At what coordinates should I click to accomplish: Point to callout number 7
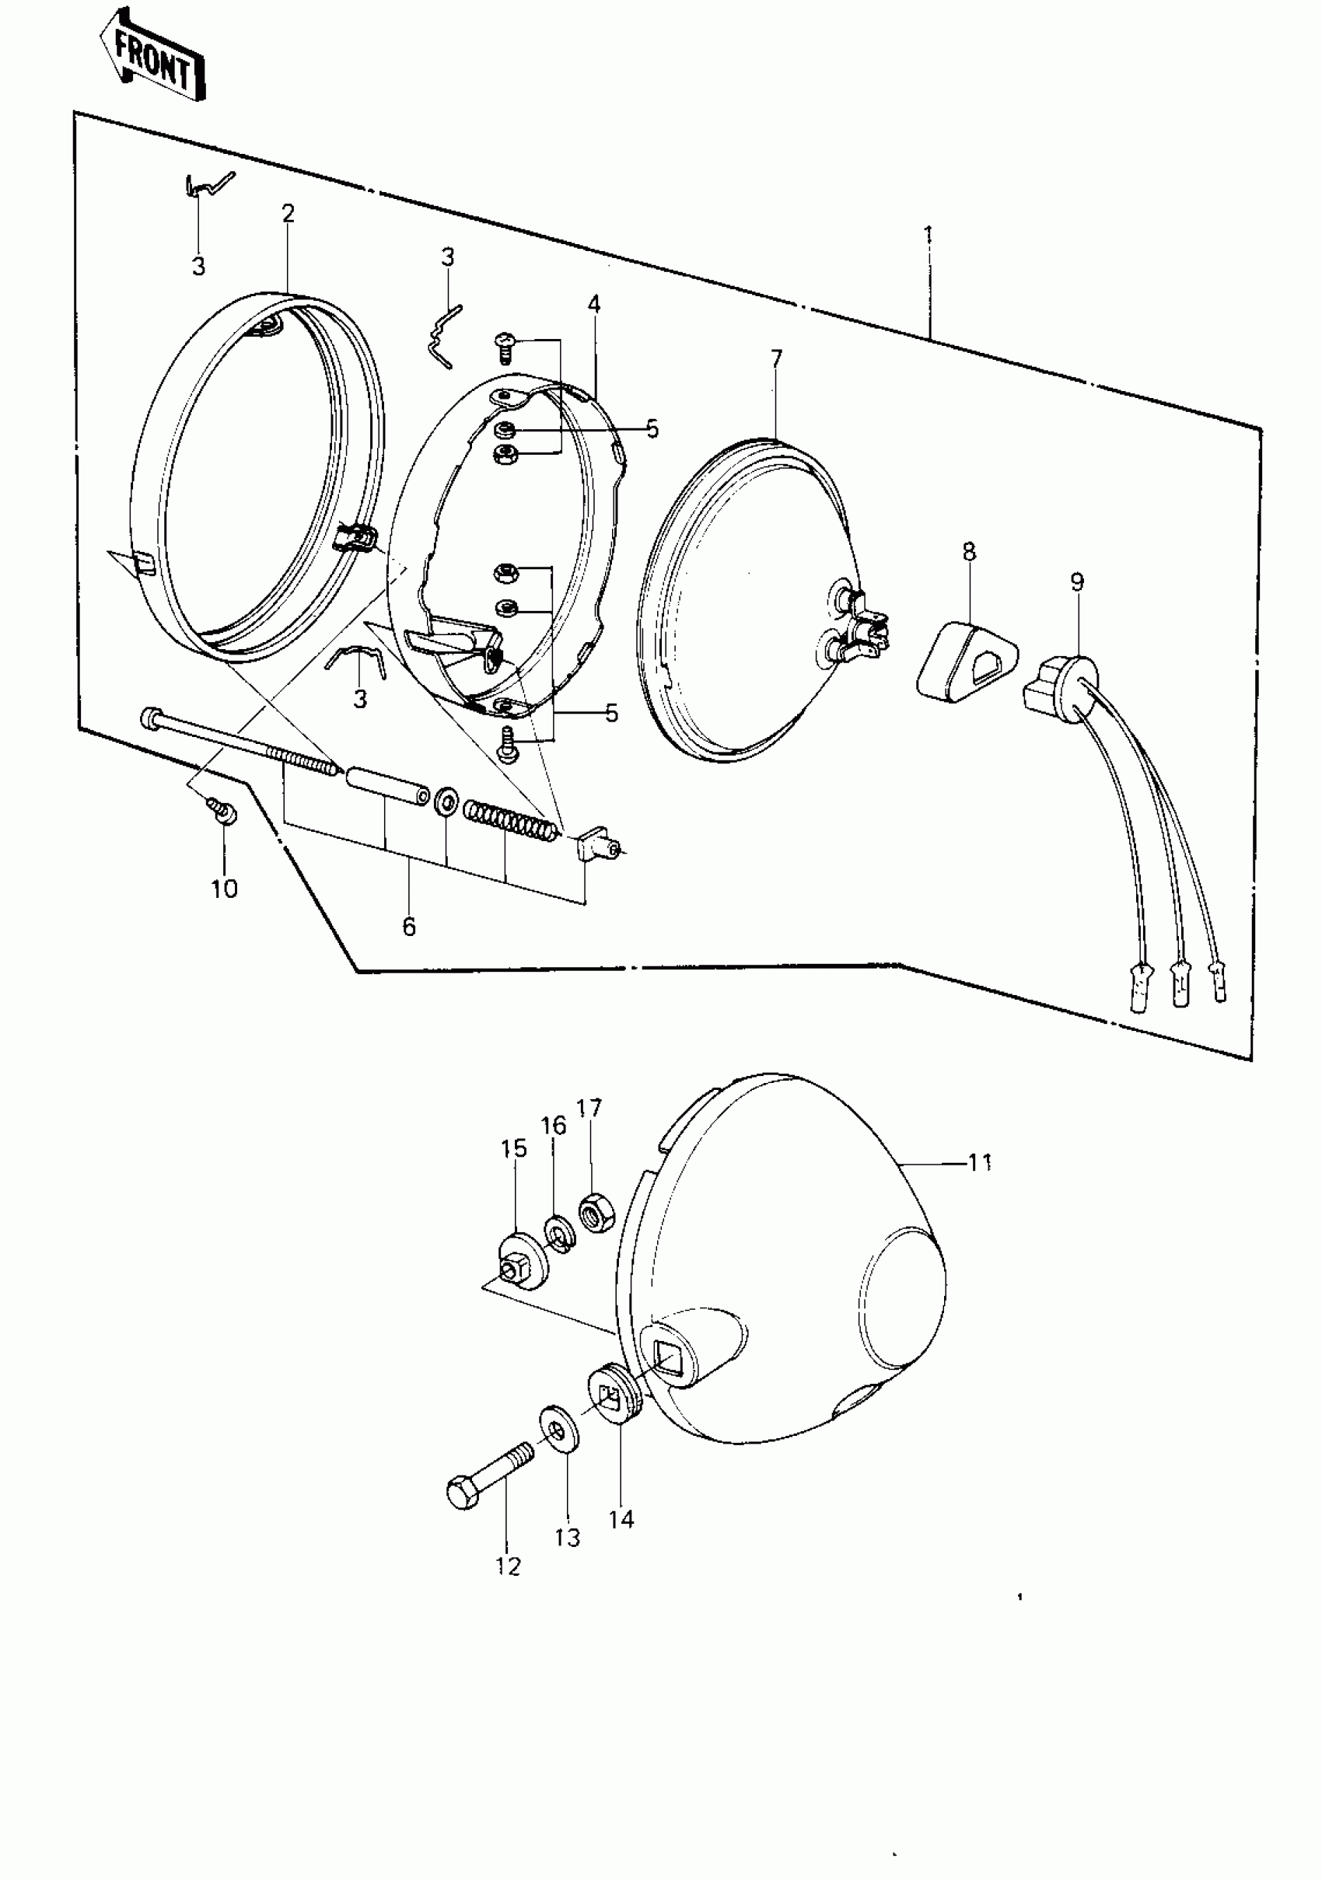(x=776, y=358)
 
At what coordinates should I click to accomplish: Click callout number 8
(x=969, y=552)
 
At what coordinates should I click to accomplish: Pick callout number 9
(x=1076, y=583)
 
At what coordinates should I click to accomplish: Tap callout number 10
(x=224, y=889)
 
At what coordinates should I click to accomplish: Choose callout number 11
(x=979, y=1162)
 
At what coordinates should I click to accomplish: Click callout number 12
(x=508, y=1566)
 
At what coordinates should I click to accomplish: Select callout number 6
(x=409, y=927)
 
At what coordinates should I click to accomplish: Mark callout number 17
(x=589, y=1108)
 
